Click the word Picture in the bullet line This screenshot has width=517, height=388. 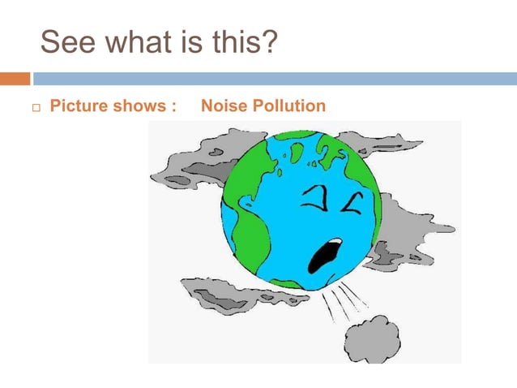click(x=77, y=106)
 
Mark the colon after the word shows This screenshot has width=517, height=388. click(x=173, y=107)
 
